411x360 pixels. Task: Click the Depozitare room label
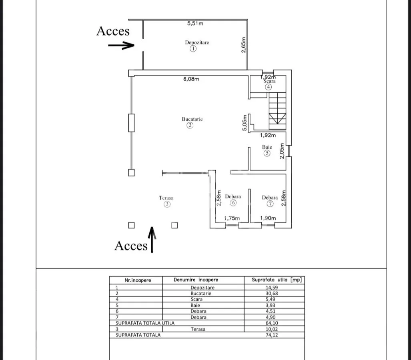click(197, 42)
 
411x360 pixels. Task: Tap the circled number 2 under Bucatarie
click(190, 125)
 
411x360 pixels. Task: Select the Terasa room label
click(166, 198)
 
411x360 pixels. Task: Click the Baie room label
click(267, 147)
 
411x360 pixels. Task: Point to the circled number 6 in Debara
click(233, 202)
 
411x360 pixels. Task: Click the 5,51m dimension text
click(195, 23)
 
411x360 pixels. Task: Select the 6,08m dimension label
click(191, 79)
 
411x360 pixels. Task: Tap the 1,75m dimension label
click(232, 218)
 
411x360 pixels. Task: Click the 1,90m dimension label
click(268, 218)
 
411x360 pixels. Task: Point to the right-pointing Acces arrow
click(121, 45)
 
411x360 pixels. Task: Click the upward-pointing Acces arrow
click(152, 240)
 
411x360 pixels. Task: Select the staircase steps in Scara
click(277, 111)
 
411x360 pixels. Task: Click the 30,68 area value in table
click(272, 294)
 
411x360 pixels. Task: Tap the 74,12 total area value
click(272, 335)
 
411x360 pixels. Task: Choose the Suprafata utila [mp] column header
click(277, 280)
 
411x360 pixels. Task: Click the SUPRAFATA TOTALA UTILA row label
click(145, 323)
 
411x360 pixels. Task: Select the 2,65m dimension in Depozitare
click(243, 45)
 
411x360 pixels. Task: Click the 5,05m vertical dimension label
click(244, 123)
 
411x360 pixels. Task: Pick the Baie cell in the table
click(195, 305)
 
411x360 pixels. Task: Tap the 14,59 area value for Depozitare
click(272, 288)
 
